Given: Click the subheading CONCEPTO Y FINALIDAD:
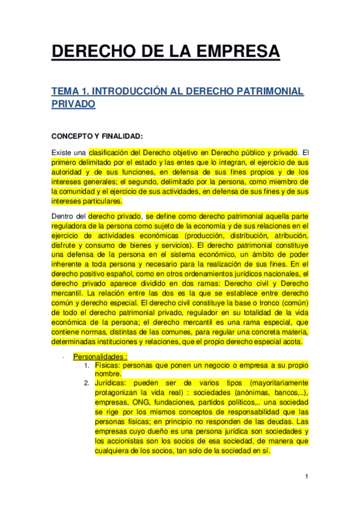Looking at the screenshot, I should coord(97,136).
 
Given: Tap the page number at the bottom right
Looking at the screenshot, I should coord(306,477).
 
